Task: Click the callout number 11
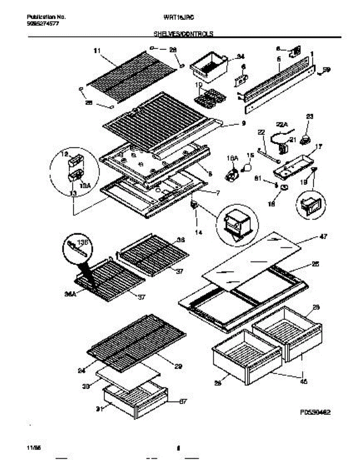pyautogui.click(x=97, y=50)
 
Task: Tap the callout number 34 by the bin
pyautogui.click(x=240, y=57)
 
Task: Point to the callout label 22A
pyautogui.click(x=282, y=124)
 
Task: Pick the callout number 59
pyautogui.click(x=326, y=69)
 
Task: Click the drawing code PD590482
pyautogui.click(x=315, y=412)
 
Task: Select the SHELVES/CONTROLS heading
pyautogui.click(x=183, y=34)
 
